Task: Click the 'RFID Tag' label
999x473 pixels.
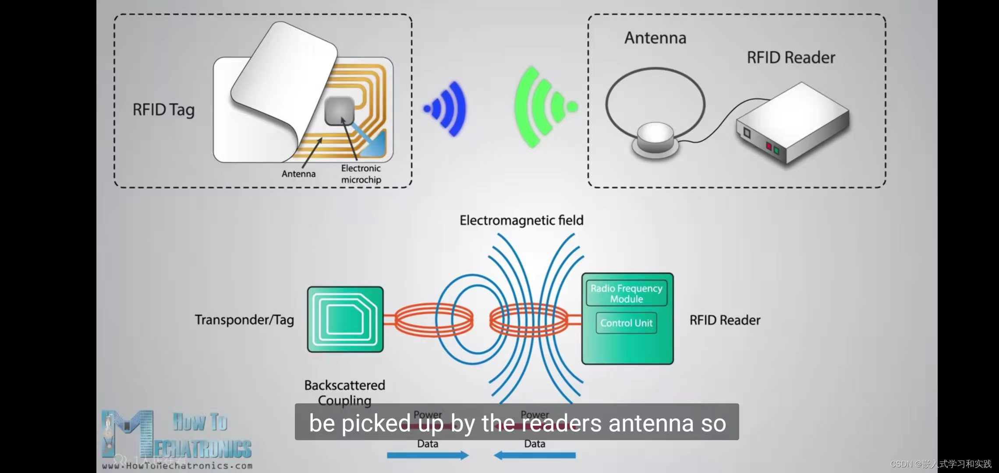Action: [x=163, y=110]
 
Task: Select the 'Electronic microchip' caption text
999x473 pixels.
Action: [x=361, y=174]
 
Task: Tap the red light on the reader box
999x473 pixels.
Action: [x=769, y=146]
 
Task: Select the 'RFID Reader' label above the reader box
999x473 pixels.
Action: [x=790, y=58]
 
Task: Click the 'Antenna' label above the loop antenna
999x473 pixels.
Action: [x=655, y=38]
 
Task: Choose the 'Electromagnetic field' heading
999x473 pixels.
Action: [x=521, y=220]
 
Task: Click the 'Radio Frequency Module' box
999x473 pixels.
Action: [x=627, y=293]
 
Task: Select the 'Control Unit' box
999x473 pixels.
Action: [x=626, y=323]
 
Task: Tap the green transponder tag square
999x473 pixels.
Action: [x=345, y=319]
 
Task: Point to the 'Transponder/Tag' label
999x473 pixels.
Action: [x=244, y=320]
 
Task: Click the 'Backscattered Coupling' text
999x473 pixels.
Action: [x=344, y=392]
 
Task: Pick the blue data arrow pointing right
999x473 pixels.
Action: [x=428, y=455]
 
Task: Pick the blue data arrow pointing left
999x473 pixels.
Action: [x=535, y=455]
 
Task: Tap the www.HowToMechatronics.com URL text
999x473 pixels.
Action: [x=177, y=466]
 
